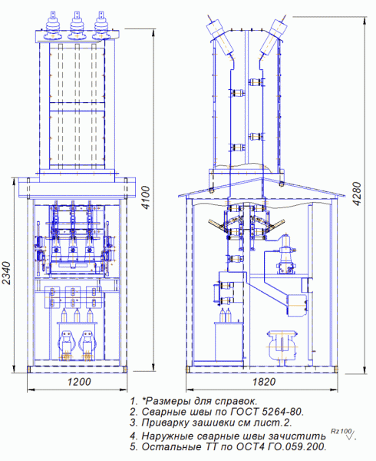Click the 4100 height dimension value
pyautogui.click(x=145, y=197)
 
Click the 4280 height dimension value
pyautogui.click(x=356, y=194)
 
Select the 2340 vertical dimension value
pyautogui.click(x=5, y=273)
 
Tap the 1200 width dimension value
pyautogui.click(x=79, y=382)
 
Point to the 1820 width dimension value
pyautogui.click(x=264, y=382)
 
